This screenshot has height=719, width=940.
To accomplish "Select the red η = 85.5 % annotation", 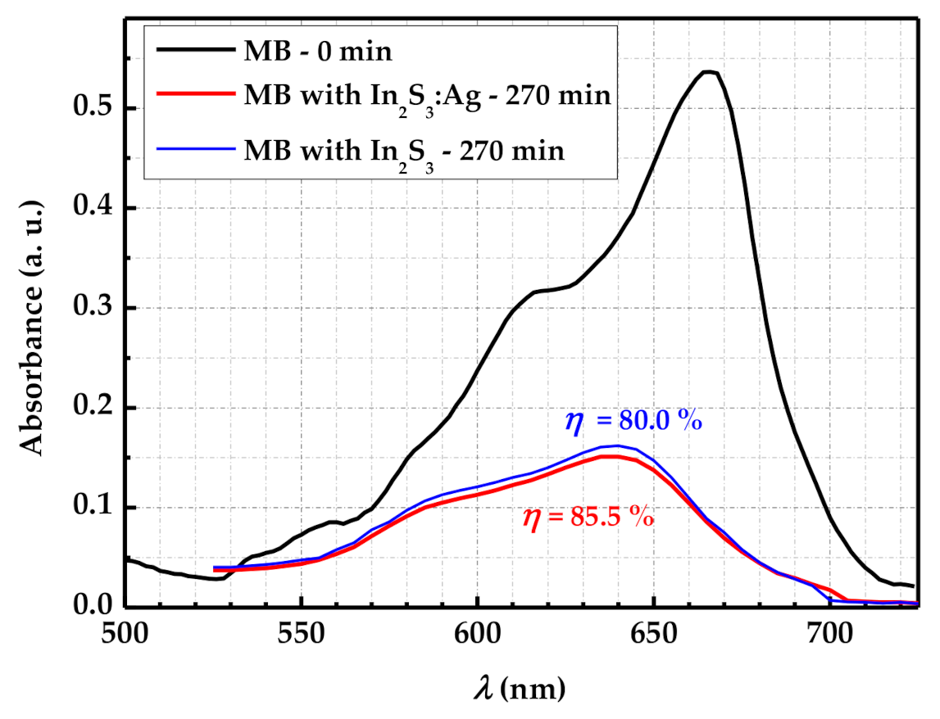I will [588, 518].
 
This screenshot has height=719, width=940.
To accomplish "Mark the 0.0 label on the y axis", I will [95, 607].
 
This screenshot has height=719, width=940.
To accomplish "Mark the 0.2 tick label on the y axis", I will [95, 408].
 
